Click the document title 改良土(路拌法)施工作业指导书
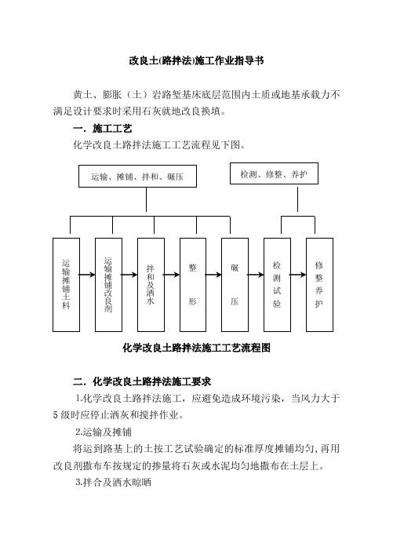coord(196,61)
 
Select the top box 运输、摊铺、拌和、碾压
coord(137,176)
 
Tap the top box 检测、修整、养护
coord(274,173)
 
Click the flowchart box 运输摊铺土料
coord(66,285)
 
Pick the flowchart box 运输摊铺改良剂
coord(108,285)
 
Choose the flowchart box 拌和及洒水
coord(151,285)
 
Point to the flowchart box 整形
coord(193,285)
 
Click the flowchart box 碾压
coord(235,285)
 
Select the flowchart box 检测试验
coord(277,285)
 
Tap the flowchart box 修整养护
coord(319,285)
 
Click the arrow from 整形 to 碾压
coord(213,275)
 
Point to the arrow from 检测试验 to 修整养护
coord(298,275)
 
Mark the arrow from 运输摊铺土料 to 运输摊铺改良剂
coord(87,275)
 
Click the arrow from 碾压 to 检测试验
coord(256,275)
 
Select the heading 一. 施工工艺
coord(103,129)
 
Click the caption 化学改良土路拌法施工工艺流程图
coord(196,348)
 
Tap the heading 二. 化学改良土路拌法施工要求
coord(142,382)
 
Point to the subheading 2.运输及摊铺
coord(104,432)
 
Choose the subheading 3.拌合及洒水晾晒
coord(114,483)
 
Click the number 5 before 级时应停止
coord(56,415)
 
